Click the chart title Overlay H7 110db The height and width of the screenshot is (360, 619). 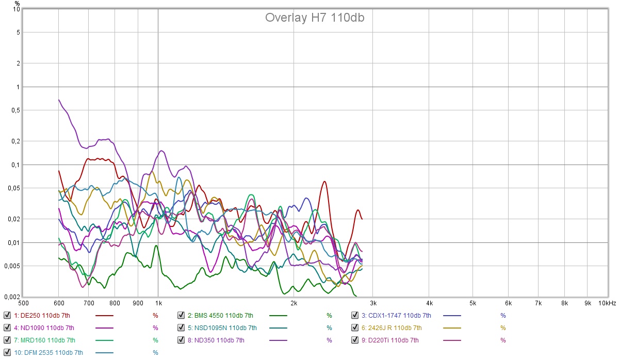[315, 18]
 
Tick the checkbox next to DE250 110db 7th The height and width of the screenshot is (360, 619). [7, 315]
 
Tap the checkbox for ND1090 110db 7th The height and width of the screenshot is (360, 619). [7, 328]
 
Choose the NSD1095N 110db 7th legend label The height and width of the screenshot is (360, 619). [225, 328]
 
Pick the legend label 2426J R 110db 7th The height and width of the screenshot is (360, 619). [391, 328]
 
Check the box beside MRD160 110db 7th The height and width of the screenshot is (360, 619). [7, 340]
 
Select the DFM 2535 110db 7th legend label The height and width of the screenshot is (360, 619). [48, 352]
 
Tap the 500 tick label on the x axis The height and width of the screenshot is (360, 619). [23, 303]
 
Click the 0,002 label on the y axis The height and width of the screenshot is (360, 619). [12, 298]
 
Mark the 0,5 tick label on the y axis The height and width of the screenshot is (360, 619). [15, 110]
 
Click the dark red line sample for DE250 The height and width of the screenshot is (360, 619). [104, 315]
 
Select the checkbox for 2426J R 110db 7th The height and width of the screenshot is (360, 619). [355, 328]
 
